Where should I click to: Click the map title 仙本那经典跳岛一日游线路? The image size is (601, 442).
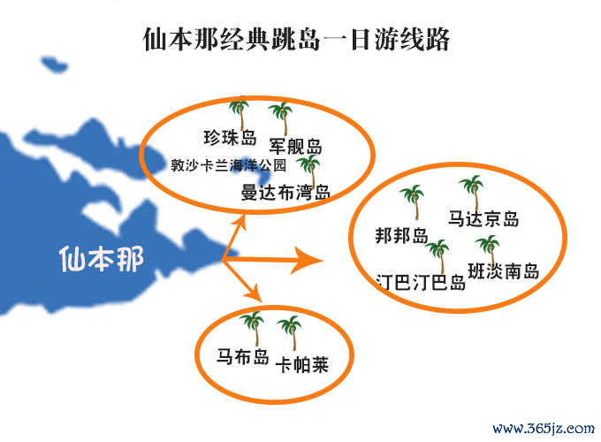(296, 39)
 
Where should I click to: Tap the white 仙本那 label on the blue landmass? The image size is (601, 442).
(102, 259)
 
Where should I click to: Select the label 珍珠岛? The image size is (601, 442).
(230, 138)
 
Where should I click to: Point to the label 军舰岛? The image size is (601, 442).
(295, 146)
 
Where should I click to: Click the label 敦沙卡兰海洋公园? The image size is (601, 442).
(228, 165)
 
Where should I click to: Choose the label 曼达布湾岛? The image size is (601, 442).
(285, 192)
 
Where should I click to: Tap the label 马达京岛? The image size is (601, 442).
(483, 218)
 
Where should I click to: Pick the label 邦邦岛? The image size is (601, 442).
(401, 235)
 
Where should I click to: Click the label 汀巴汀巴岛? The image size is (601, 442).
(421, 283)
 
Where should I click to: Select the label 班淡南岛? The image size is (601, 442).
(503, 271)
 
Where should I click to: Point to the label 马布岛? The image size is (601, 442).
(243, 356)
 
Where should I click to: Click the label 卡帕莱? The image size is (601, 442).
(302, 364)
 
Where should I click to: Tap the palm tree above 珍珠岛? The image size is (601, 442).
(240, 113)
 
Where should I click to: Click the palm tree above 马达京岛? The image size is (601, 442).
(472, 194)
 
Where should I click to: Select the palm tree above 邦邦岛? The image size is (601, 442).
(413, 202)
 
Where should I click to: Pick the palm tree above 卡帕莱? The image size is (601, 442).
(290, 332)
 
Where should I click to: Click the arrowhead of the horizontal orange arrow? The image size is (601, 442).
(307, 261)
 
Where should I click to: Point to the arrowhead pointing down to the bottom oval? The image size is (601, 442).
(255, 293)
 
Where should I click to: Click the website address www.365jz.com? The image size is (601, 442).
(544, 428)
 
